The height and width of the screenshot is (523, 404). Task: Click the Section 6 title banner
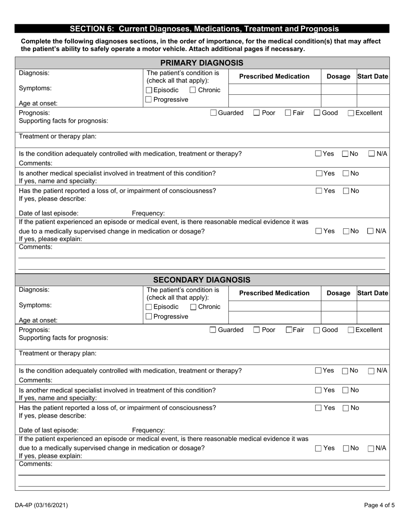coord(204,29)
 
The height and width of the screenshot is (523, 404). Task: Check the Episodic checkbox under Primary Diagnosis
coord(149,90)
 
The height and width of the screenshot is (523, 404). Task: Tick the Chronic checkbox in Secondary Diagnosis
coord(193,307)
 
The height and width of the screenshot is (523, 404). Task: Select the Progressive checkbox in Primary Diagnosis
coord(149,99)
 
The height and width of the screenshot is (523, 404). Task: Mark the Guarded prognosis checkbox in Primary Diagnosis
coord(213,113)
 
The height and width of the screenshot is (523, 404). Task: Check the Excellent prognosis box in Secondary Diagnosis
coord(351,330)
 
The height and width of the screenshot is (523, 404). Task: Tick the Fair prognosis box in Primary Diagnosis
coord(288,113)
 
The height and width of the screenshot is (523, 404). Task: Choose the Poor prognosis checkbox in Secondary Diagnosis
coord(257,330)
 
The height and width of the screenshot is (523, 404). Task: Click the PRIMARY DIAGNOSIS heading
coord(202,63)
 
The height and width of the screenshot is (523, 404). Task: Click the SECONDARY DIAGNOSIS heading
coord(202,280)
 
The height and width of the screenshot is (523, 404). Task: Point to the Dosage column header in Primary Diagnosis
coord(338,77)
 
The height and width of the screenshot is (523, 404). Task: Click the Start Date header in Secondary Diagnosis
coord(373,293)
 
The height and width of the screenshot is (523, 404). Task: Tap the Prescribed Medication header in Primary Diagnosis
coord(274,77)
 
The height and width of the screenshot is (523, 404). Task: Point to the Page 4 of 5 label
coord(379,506)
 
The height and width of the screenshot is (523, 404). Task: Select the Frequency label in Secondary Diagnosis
coord(148,430)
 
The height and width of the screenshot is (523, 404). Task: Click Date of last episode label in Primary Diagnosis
coord(48,213)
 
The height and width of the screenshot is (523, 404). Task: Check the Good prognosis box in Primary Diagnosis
coord(317,113)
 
